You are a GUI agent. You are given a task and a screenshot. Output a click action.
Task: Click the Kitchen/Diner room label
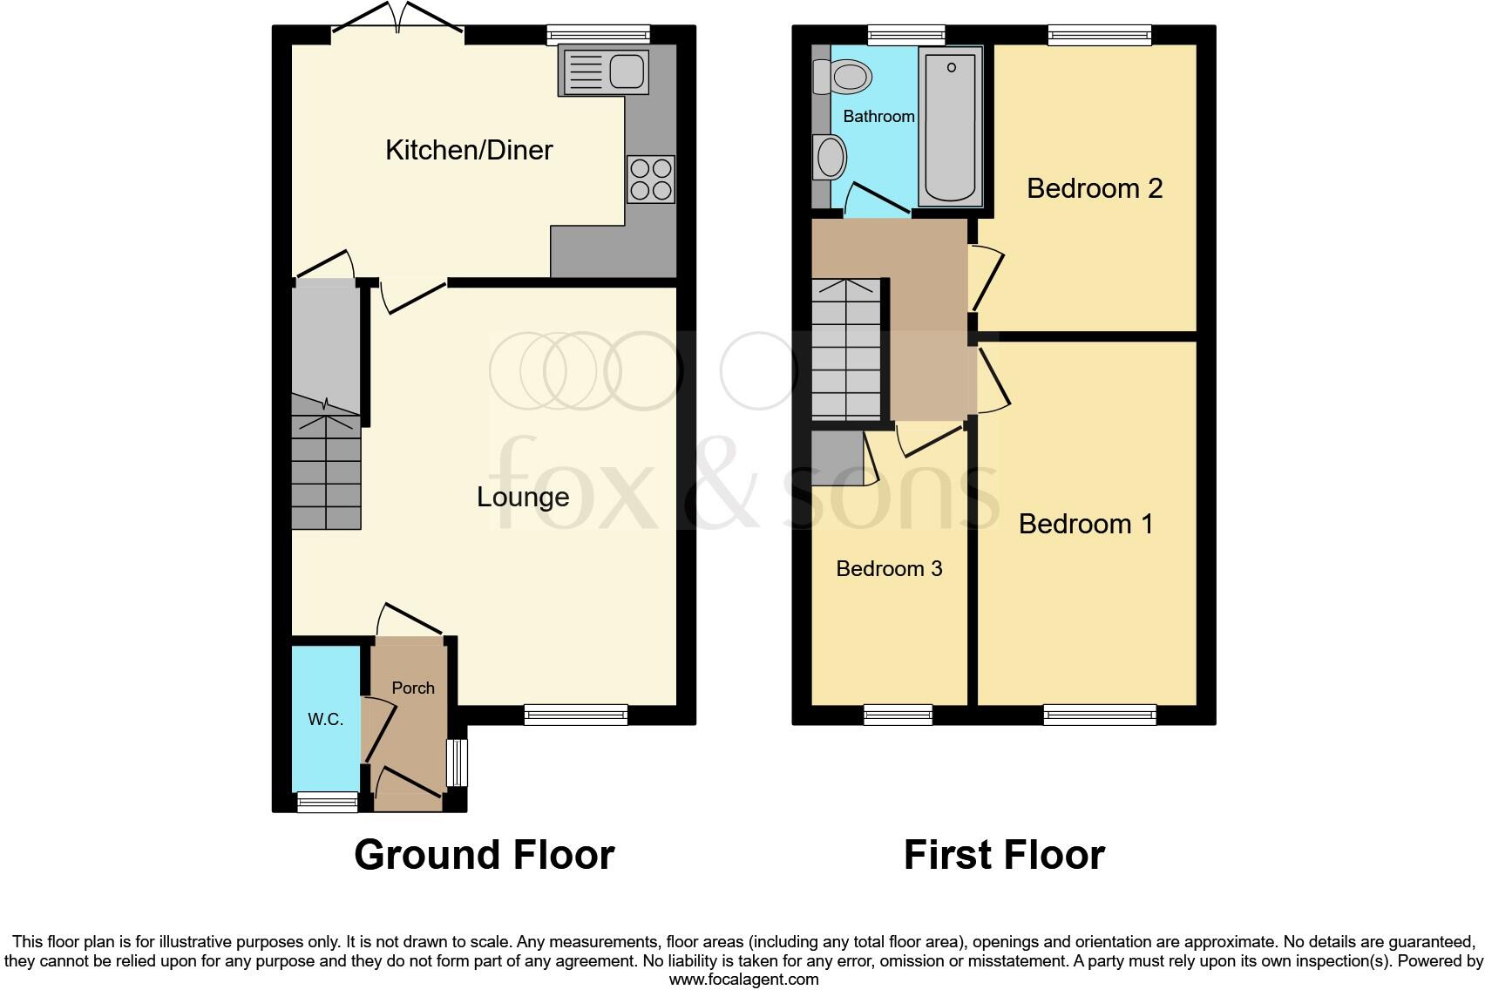[469, 150]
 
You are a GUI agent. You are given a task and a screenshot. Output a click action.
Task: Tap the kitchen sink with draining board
[605, 71]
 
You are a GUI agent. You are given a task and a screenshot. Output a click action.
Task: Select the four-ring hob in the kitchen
[650, 179]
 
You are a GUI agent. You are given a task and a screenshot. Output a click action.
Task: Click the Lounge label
[523, 497]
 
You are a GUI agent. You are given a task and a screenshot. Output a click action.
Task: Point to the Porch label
[413, 688]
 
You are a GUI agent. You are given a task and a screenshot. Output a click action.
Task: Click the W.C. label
[325, 719]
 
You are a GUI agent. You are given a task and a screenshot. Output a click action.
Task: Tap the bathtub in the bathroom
[950, 124]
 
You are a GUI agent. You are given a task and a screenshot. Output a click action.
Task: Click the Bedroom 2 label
[1095, 188]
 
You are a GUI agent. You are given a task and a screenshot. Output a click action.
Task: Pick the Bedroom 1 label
[1086, 524]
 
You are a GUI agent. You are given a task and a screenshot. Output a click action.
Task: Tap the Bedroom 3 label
[889, 569]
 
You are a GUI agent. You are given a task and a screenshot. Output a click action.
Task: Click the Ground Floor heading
[485, 855]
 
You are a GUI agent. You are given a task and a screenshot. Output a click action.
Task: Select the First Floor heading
[1004, 855]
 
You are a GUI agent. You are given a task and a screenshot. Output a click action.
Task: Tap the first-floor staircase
[846, 349]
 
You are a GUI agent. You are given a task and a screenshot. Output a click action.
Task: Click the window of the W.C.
[328, 801]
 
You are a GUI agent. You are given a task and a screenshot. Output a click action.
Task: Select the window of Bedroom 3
[898, 715]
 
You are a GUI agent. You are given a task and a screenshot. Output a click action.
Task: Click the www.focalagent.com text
[743, 980]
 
